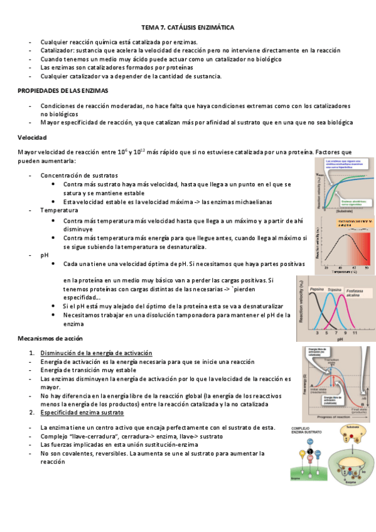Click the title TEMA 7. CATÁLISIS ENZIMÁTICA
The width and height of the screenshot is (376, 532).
[188, 28]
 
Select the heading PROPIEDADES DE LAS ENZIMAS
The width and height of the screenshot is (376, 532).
[62, 91]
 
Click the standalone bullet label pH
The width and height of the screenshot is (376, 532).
[44, 255]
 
